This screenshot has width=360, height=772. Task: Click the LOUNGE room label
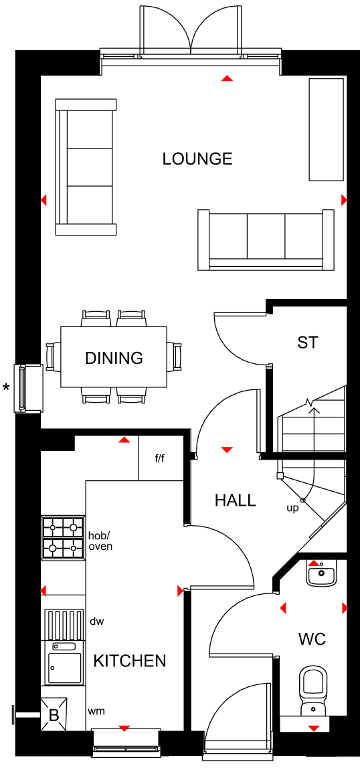(197, 159)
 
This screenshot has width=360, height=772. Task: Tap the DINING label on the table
(114, 358)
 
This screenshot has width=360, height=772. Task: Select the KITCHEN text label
(130, 661)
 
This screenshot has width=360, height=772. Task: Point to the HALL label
(236, 500)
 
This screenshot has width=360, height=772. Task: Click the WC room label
(312, 640)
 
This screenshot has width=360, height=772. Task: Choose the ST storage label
(308, 342)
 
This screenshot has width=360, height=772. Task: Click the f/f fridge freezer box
(161, 458)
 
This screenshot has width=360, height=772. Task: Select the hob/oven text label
(100, 541)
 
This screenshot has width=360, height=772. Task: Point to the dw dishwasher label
(96, 621)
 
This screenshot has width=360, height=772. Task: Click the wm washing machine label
(96, 711)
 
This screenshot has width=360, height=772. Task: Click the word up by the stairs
(292, 508)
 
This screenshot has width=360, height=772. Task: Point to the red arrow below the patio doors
(227, 78)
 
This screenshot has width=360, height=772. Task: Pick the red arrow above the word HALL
(227, 450)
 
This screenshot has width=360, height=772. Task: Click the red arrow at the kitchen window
(124, 728)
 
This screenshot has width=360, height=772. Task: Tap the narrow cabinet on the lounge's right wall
(325, 129)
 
